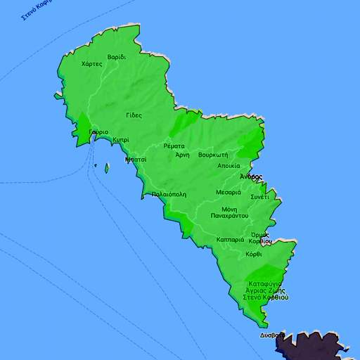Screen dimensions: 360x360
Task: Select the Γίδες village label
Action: [x=134, y=115]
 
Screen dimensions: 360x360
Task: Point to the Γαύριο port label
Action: [x=98, y=132]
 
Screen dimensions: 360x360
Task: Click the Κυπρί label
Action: [x=121, y=140]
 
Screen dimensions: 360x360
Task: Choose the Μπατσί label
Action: [x=136, y=160]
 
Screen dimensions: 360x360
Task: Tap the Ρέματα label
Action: [x=174, y=146]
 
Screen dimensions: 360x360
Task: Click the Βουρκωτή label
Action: [x=212, y=154]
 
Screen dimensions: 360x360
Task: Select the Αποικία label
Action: [x=229, y=166]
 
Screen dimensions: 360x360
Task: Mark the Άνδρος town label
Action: [x=250, y=176]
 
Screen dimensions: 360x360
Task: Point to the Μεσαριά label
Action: [x=229, y=192]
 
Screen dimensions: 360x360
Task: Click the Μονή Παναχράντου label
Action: [x=229, y=212]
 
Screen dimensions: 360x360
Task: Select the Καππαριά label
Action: [x=231, y=240]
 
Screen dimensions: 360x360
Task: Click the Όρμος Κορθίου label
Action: [x=261, y=238]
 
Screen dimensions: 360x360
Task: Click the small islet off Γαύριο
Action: [x=107, y=168]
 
